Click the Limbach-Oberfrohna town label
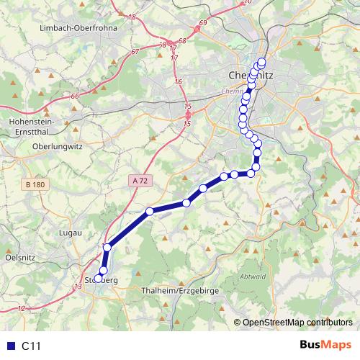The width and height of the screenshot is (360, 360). point(79,27)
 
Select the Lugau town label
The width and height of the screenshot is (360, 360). point(70,233)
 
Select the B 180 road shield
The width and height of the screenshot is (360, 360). point(35,185)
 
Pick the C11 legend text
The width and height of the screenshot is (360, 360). point(31,346)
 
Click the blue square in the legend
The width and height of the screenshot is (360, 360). point(9,346)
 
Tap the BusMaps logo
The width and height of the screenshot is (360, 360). point(325,345)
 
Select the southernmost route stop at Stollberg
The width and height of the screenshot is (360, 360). point(99,279)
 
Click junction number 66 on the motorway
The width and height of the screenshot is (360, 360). point(74,96)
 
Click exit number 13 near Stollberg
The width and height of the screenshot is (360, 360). point(77,287)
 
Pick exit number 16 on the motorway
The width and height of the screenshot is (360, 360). point(178,82)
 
